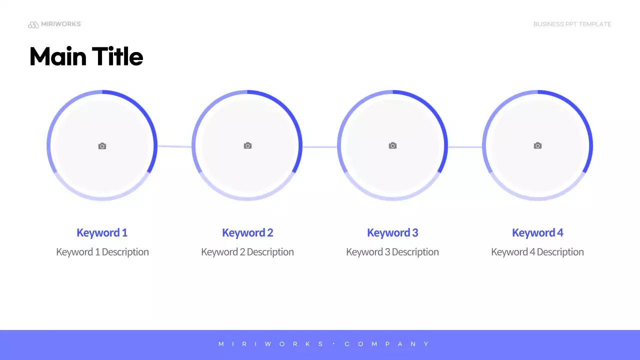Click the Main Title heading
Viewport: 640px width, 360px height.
(x=86, y=56)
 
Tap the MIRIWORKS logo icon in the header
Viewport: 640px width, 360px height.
(x=33, y=24)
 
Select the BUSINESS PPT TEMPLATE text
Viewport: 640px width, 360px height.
(x=572, y=24)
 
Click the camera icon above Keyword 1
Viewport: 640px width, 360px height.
(x=102, y=146)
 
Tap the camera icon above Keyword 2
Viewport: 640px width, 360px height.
(x=247, y=145)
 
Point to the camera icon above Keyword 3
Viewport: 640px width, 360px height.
(x=392, y=145)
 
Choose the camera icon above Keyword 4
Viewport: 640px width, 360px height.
(x=537, y=145)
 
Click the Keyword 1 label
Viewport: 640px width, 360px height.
(x=102, y=232)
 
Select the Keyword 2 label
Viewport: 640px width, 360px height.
(x=247, y=232)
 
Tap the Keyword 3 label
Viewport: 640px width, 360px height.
(x=392, y=232)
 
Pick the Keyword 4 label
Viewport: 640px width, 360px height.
(x=537, y=232)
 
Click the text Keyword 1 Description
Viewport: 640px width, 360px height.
(x=102, y=252)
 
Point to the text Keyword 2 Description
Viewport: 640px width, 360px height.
(x=247, y=252)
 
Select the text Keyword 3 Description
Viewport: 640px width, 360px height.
(x=392, y=252)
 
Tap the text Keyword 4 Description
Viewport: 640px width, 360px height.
(x=537, y=252)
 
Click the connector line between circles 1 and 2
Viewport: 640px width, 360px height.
(x=174, y=146)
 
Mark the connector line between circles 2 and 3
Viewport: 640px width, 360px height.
(x=319, y=147)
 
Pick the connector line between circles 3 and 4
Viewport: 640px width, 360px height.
(x=465, y=147)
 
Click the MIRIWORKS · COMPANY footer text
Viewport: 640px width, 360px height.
(x=324, y=344)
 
